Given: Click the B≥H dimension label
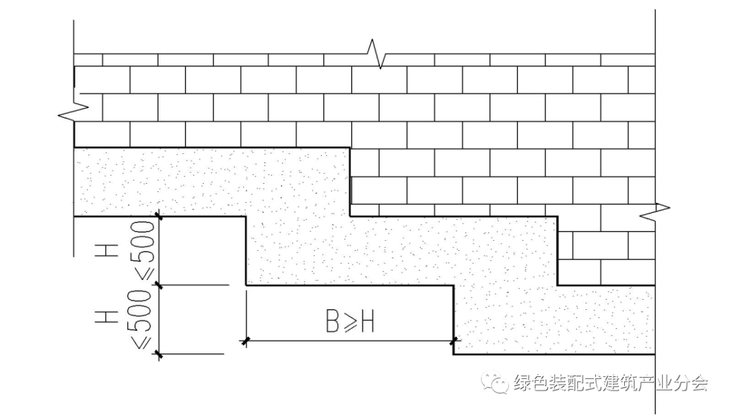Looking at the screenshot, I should tap(350, 322).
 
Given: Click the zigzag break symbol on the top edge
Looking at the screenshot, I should tap(376, 54).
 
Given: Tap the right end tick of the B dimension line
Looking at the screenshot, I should tap(454, 340).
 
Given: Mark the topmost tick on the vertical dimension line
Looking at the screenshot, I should tap(160, 216).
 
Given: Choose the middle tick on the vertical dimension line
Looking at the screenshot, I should tap(160, 285).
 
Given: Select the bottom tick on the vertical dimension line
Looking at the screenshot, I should tap(160, 353).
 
